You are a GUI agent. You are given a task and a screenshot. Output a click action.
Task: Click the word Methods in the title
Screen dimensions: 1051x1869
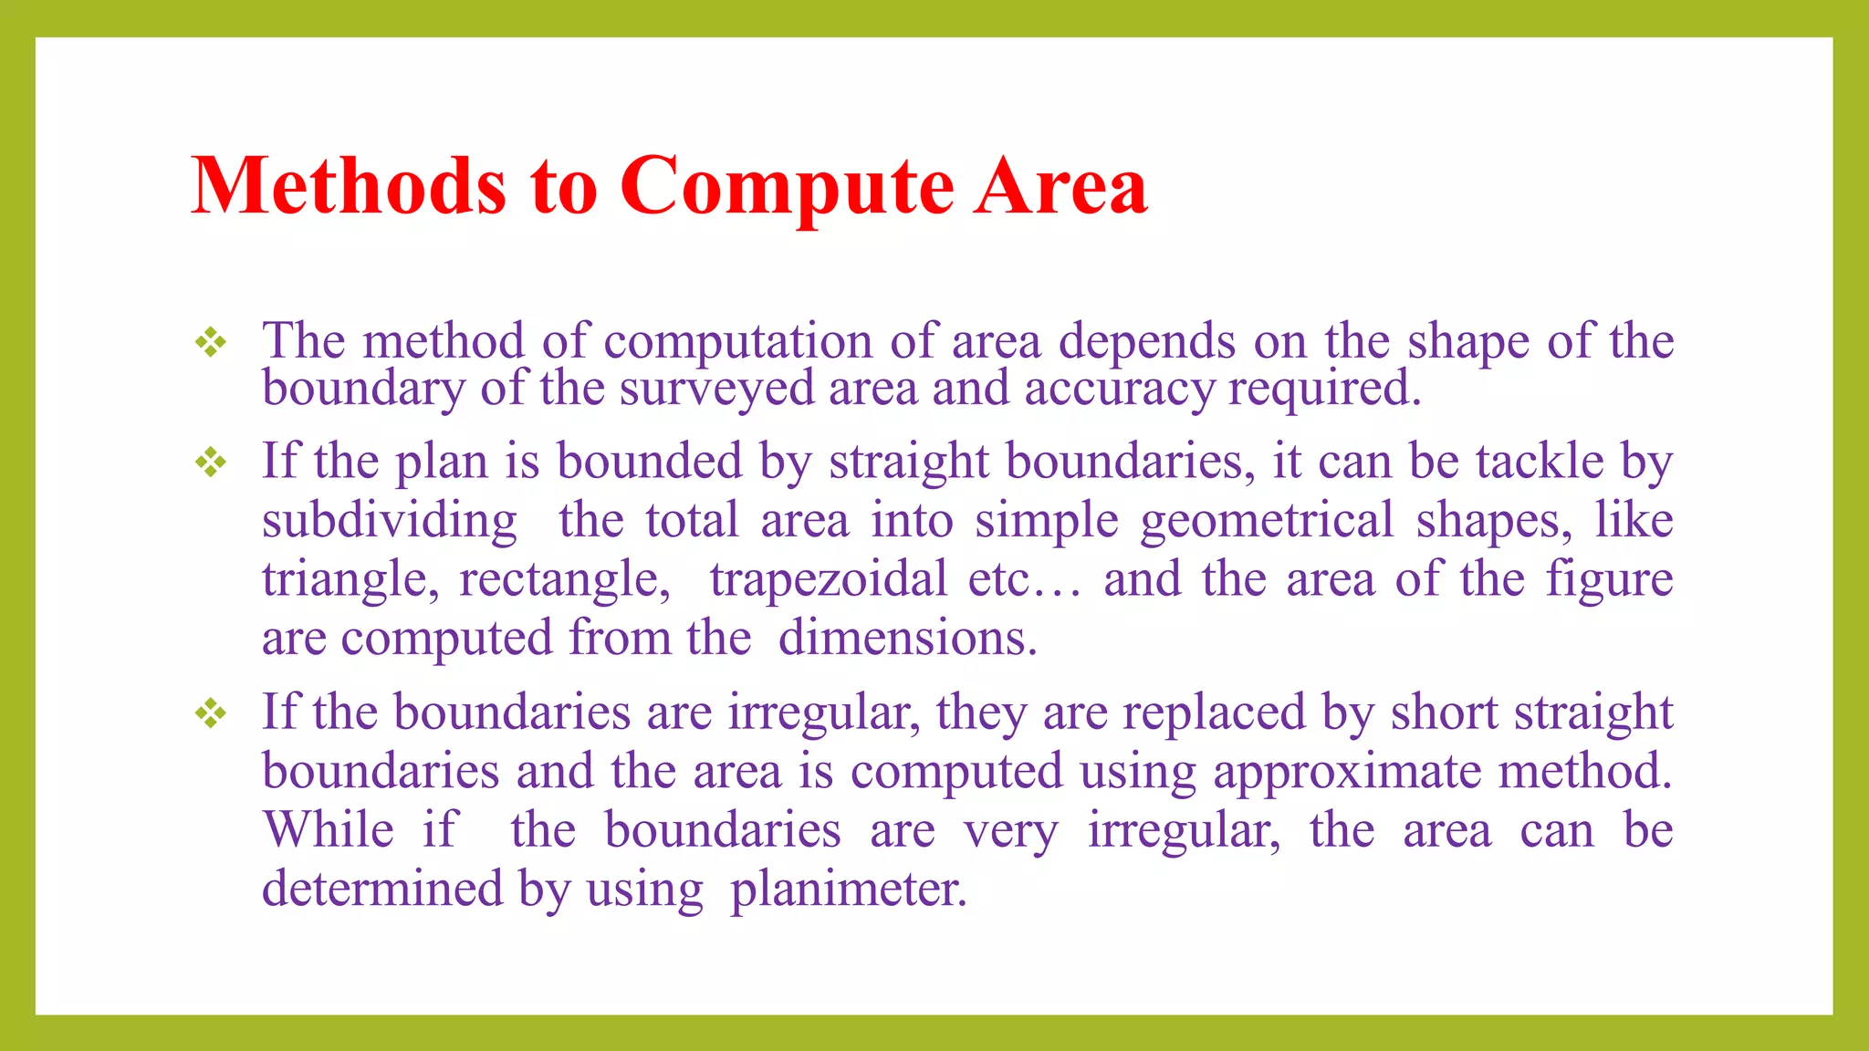tap(348, 186)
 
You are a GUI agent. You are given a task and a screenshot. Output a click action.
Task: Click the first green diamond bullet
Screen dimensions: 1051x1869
tap(211, 343)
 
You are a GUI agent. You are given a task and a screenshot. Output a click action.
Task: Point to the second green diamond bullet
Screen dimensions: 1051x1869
tap(211, 463)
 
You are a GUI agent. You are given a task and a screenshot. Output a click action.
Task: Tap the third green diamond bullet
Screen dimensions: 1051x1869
tap(211, 713)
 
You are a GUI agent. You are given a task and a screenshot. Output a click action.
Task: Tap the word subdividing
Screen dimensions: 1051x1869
tap(390, 522)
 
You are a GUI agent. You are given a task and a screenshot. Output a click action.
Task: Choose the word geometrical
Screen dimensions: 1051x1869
tap(1267, 522)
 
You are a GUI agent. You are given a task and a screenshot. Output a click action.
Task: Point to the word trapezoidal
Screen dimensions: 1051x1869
tap(829, 580)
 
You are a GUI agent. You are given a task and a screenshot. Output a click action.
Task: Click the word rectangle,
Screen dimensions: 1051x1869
tap(565, 580)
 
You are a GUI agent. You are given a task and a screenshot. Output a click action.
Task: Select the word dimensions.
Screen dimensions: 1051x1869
tap(907, 639)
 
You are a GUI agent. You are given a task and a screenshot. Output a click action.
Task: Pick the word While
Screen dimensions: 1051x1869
tap(329, 831)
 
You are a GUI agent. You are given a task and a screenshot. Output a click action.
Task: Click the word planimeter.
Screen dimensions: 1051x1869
tap(848, 890)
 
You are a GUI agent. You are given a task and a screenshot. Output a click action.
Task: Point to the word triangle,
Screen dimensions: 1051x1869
tap(350, 580)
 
